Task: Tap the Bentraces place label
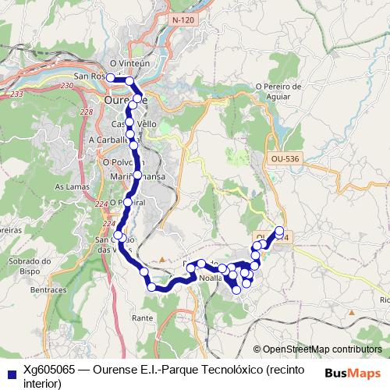coord(48,289)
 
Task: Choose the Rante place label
coord(143,318)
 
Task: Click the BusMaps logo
coord(353,372)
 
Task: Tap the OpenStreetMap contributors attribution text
coord(322,349)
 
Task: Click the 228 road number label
coord(86,112)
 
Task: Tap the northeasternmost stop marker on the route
coord(280,230)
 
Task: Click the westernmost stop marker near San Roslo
coord(111,78)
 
